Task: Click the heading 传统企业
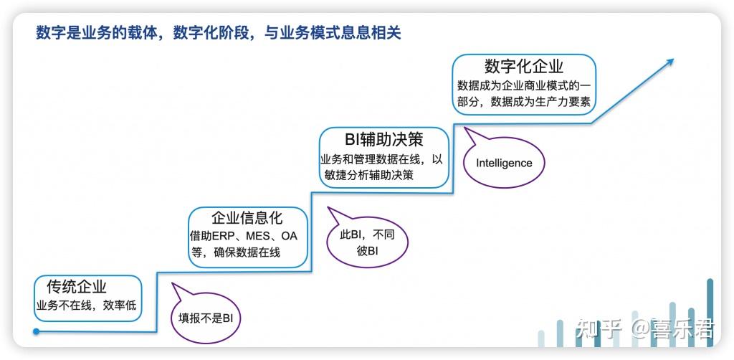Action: [x=77, y=287]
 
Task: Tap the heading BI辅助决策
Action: [x=383, y=138]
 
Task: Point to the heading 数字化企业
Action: [x=524, y=66]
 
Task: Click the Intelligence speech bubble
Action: [x=504, y=163]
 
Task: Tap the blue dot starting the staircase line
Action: [x=36, y=331]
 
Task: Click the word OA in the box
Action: [x=289, y=236]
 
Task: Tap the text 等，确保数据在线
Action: [x=236, y=252]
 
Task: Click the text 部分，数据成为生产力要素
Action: [x=525, y=102]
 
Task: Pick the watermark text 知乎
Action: [x=597, y=330]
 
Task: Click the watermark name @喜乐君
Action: [x=672, y=330]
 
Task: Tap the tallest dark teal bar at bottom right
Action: [x=710, y=313]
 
